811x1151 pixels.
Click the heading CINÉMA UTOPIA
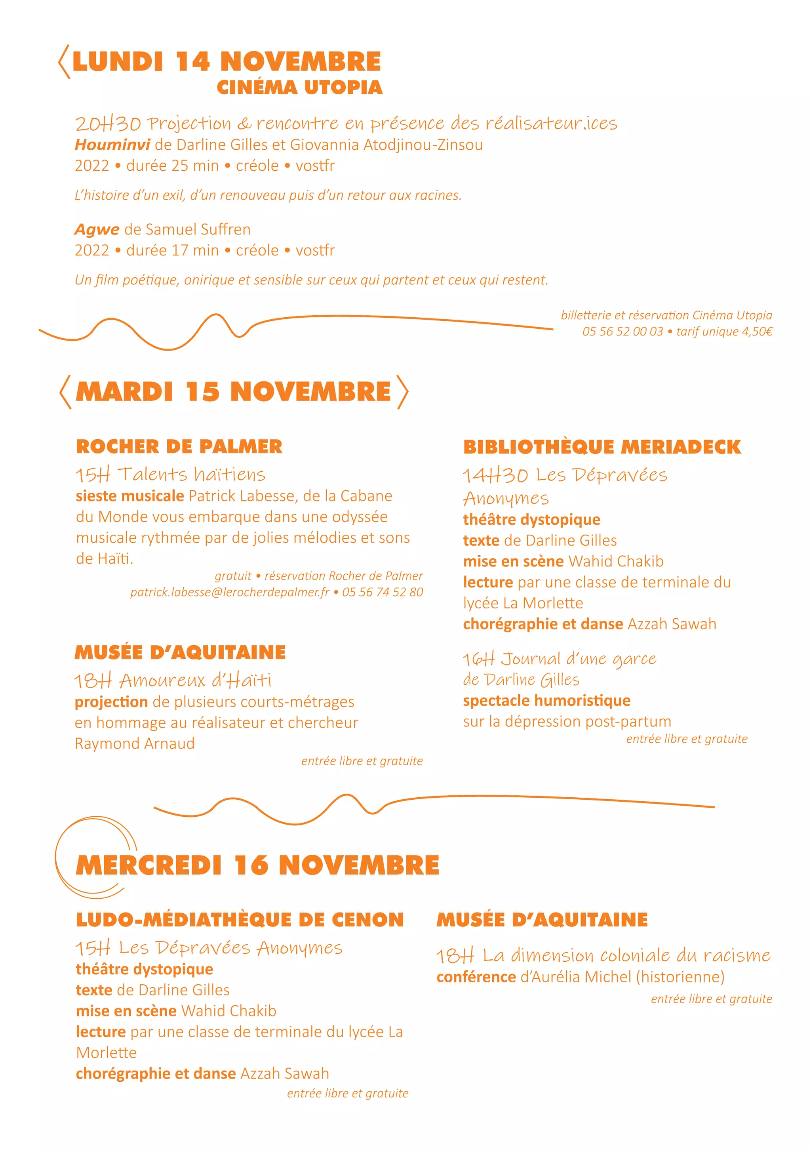299,87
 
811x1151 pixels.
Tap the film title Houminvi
112,145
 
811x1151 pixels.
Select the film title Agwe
97,230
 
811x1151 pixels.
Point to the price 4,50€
757,332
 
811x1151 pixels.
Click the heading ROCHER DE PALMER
179,446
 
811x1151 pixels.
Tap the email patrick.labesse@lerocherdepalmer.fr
230,592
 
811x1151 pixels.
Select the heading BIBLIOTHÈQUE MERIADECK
602,447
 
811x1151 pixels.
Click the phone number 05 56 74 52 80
383,592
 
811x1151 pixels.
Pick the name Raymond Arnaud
134,743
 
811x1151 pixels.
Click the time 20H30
108,123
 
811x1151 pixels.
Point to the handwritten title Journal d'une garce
579,659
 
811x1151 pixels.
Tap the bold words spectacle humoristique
546,700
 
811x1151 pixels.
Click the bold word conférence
476,977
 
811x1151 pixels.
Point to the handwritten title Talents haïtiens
191,474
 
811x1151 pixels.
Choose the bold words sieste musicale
130,496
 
